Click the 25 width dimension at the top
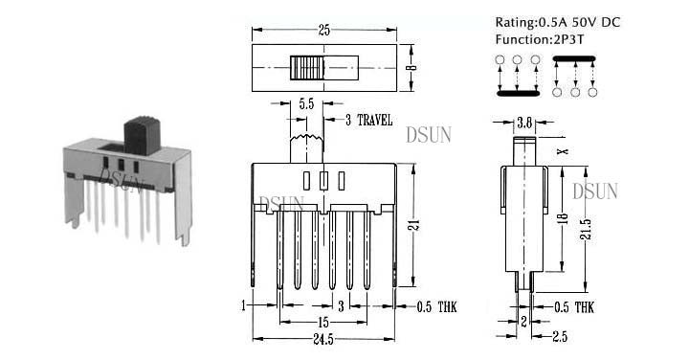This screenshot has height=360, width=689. click(x=324, y=31)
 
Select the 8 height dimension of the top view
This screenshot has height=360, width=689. click(x=411, y=67)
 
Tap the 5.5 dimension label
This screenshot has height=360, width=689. click(x=307, y=104)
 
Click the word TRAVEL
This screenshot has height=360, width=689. click(x=375, y=120)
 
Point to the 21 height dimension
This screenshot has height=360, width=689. click(x=414, y=225)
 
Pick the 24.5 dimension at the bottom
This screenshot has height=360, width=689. click(x=323, y=339)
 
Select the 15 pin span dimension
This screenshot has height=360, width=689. click(x=323, y=323)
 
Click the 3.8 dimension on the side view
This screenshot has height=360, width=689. click(x=524, y=124)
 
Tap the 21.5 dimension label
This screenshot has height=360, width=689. click(x=587, y=229)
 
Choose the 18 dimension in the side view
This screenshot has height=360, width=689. click(x=564, y=218)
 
